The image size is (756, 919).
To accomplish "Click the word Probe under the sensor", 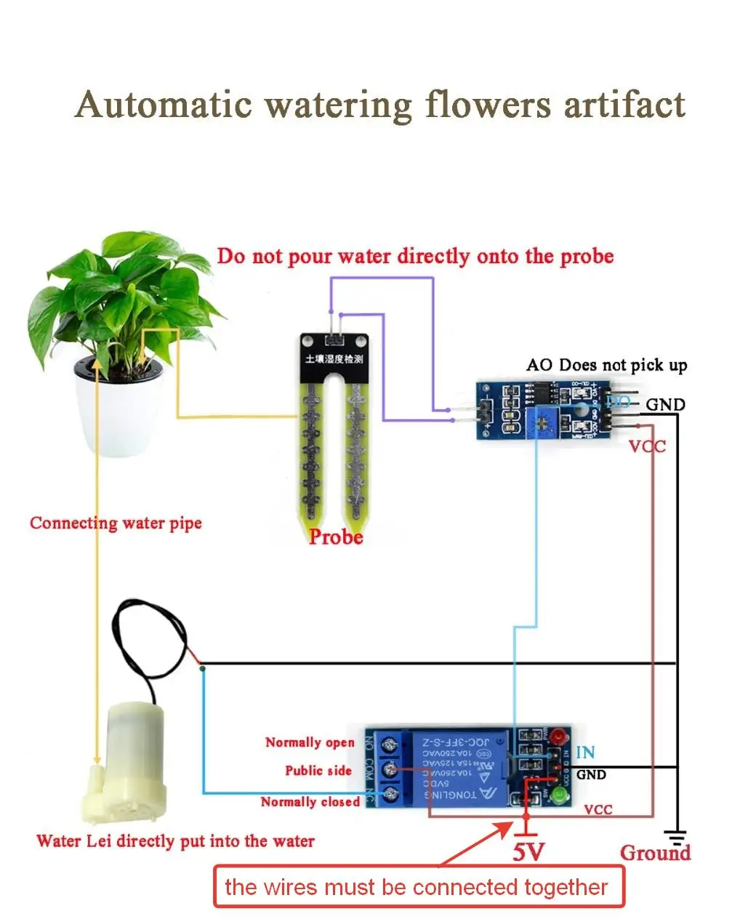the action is point(335,537).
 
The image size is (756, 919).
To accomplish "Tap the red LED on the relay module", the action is point(558,736).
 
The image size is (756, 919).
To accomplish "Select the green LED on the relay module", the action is point(558,795).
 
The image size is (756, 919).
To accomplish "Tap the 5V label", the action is point(528,851).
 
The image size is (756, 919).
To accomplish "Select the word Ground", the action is point(655,853).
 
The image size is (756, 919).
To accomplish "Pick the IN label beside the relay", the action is point(585,753).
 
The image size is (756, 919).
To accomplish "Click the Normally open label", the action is point(310,742).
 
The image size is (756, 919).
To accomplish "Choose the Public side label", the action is point(318,771).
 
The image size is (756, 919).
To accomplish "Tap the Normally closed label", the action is point(310,801).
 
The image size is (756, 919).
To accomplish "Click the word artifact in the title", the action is point(624,105).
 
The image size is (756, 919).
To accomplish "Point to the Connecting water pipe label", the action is point(116,523).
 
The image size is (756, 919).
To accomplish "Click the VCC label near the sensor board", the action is point(647,446).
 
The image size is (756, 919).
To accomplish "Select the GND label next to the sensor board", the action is point(665,404).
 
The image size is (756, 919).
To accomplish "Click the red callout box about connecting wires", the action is point(419,887).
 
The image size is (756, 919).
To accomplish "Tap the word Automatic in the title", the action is point(163,105).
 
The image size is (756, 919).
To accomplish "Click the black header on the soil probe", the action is point(334,354).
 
